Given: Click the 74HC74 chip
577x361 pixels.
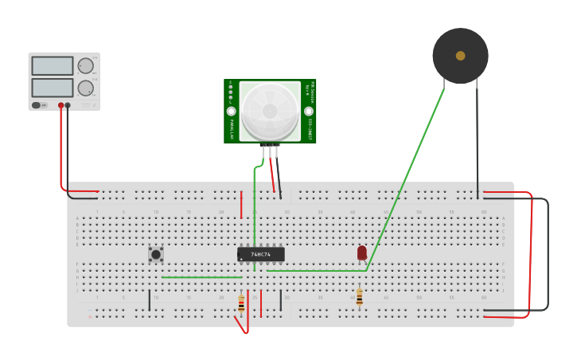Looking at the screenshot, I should [261, 254].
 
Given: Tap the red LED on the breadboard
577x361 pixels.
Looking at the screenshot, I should [362, 252].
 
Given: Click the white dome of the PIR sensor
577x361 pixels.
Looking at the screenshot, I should [270, 111].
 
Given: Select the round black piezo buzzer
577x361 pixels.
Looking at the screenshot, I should [460, 56].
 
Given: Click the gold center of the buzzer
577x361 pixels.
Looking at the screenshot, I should [460, 56].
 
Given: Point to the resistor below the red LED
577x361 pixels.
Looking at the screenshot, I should [359, 297].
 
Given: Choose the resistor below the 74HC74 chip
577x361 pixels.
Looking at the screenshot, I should [241, 303].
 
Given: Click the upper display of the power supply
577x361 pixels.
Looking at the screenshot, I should [53, 65].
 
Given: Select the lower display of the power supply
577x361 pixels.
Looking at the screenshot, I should [53, 87].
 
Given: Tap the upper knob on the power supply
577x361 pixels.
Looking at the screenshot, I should [85, 65].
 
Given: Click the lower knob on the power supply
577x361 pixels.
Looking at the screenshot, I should [85, 88].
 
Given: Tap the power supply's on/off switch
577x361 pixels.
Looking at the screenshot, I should [37, 104].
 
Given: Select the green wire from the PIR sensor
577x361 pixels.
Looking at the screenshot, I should [255, 207].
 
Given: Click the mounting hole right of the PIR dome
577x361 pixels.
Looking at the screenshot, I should [309, 111].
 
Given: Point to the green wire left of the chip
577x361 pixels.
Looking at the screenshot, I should [199, 277].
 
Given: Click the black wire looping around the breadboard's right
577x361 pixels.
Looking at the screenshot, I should [548, 255].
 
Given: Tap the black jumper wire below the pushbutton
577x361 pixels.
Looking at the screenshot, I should [150, 300].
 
